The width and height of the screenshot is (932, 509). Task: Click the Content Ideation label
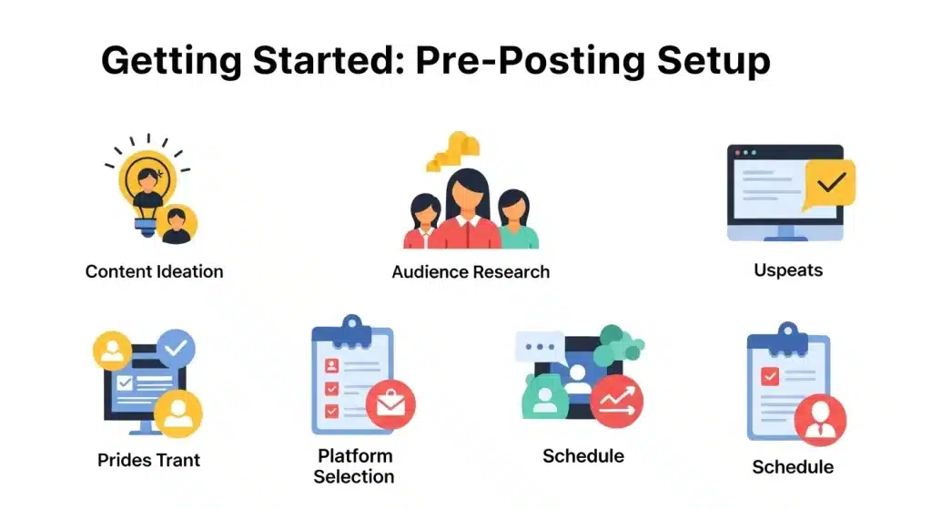click(154, 271)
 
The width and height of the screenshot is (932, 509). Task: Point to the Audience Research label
click(471, 271)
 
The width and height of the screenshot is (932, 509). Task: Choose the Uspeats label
click(788, 270)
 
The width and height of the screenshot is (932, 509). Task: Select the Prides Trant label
click(149, 460)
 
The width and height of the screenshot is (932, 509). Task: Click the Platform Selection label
click(354, 465)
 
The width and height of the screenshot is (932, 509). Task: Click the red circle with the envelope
click(390, 405)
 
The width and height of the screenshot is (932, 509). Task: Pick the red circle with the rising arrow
click(616, 401)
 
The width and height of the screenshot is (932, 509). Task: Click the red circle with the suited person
click(820, 420)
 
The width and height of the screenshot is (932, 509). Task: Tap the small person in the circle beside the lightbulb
click(176, 224)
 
